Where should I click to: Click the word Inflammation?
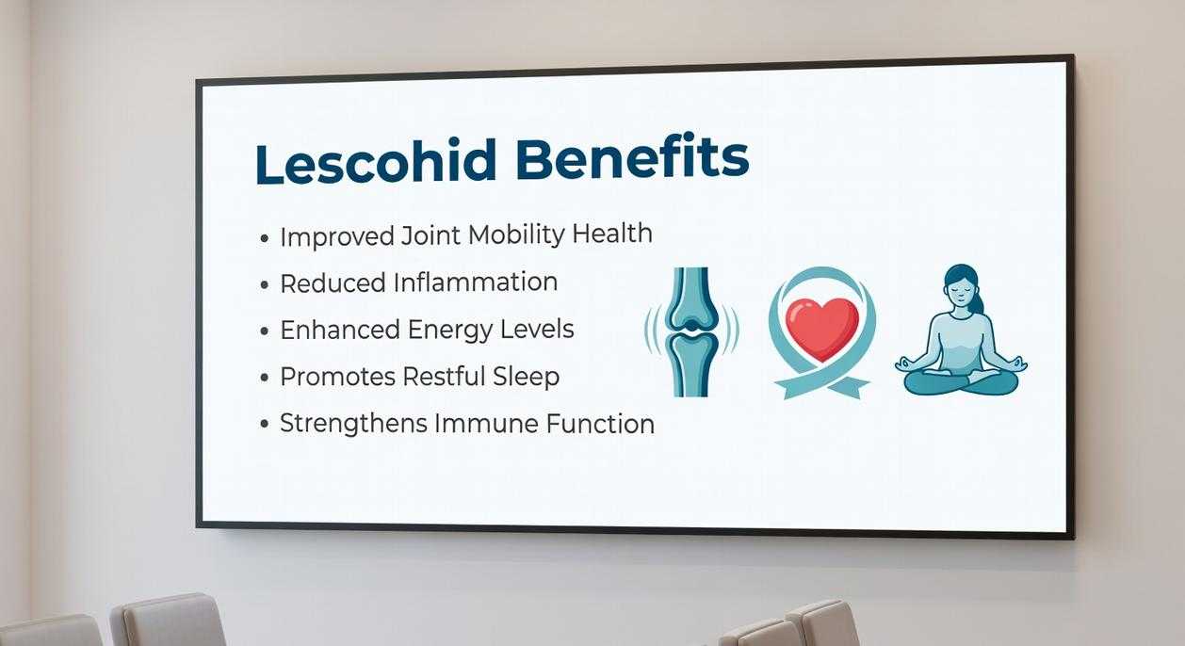475,283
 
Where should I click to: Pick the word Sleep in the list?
526,377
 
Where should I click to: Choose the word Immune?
485,424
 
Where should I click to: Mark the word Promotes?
337,378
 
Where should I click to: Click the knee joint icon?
690,331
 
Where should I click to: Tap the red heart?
821,326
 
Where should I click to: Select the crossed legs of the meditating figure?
961,380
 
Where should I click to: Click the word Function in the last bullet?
600,424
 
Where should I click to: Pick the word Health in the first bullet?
614,234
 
